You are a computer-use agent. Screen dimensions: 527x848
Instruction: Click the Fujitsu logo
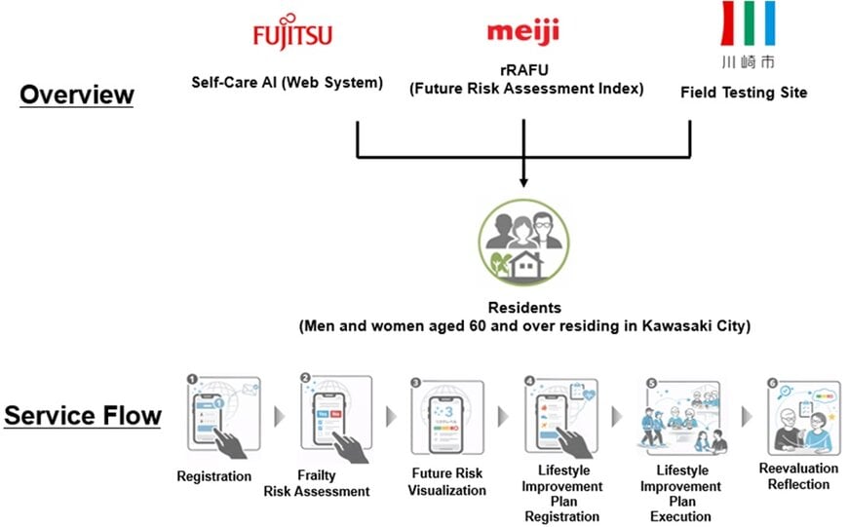292,36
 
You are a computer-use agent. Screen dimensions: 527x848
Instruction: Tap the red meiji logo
523,32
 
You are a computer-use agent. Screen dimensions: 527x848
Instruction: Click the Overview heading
77,94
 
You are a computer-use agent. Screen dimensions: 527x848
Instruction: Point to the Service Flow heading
83,416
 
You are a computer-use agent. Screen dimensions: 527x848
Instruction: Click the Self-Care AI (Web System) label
288,82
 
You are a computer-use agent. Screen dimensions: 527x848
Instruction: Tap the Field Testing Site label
744,93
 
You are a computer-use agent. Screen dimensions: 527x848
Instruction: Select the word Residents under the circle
524,309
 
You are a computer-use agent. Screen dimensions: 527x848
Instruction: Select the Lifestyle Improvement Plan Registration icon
561,417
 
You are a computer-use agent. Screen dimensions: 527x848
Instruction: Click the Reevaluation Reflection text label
798,476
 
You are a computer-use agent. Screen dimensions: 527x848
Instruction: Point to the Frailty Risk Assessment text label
317,483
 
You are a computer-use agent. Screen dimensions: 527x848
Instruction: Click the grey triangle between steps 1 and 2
280,416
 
